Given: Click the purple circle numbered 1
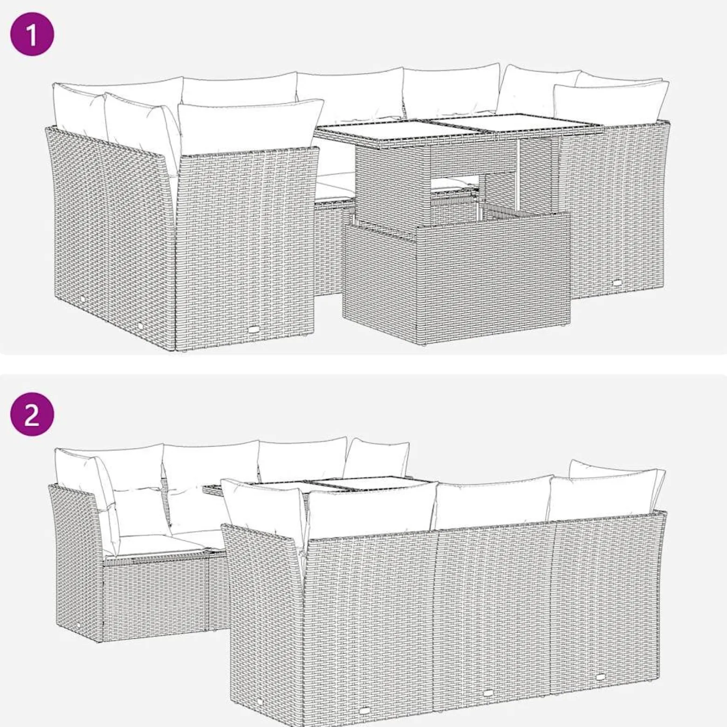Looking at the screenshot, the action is (x=32, y=34).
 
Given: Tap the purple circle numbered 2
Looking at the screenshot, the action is (x=32, y=414).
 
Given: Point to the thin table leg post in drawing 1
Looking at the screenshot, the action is (x=518, y=174).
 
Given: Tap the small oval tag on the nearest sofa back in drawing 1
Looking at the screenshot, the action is (x=254, y=329).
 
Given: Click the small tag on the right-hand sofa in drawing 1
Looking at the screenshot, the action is (x=617, y=283).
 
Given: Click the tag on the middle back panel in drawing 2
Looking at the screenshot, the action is (x=488, y=707).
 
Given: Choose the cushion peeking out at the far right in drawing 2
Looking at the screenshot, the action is (x=615, y=471).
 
